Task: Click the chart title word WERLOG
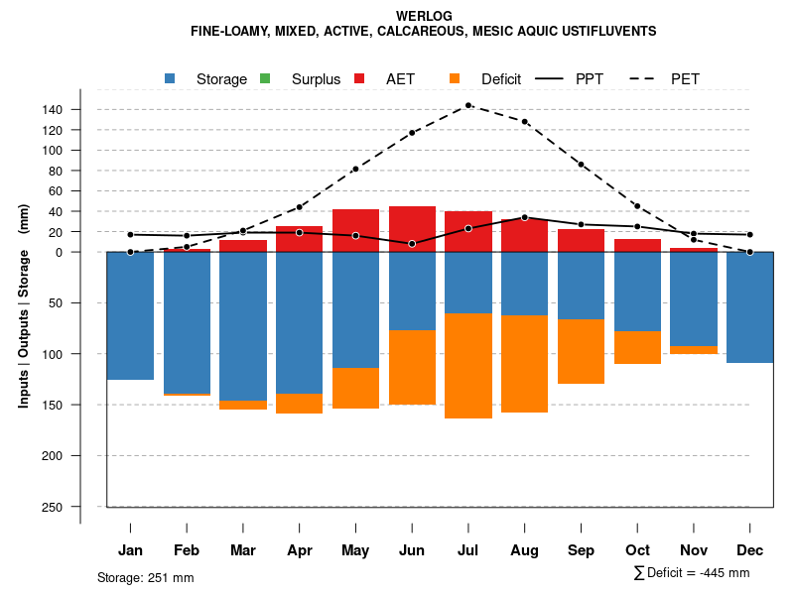tap(423, 16)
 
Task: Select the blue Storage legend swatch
tap(171, 78)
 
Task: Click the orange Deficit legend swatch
tap(455, 78)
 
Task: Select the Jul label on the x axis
tap(468, 550)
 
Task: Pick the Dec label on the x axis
tap(750, 550)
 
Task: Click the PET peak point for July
tap(468, 105)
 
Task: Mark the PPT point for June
tap(412, 244)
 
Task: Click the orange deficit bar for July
tap(468, 366)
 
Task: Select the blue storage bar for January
tap(130, 315)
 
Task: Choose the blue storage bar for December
tap(750, 307)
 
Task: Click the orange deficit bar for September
tap(582, 351)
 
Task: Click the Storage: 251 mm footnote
tap(145, 577)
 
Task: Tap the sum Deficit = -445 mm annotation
tap(692, 573)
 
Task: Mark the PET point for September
tap(582, 165)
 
